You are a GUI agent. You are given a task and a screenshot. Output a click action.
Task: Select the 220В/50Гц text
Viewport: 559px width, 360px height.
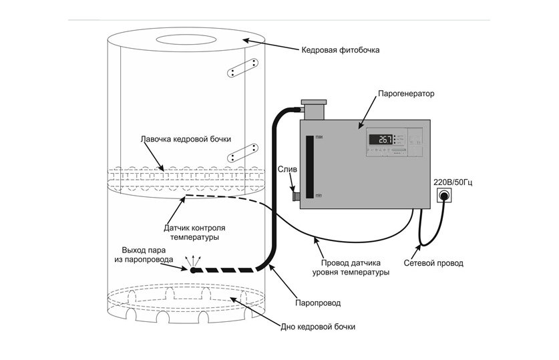[x=453, y=182]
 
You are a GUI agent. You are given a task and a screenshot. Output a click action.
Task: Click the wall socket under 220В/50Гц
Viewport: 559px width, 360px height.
[x=444, y=196]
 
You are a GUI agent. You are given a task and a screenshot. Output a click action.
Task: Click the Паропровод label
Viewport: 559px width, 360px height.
[x=318, y=303]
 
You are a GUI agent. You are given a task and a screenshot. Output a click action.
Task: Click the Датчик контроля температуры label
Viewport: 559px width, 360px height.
[x=194, y=231]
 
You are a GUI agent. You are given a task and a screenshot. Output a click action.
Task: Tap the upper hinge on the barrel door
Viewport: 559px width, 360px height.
[x=242, y=67]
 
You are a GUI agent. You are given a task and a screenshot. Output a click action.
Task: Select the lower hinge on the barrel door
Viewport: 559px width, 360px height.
[x=242, y=152]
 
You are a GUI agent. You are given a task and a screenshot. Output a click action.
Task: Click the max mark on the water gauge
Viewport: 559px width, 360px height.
[x=319, y=138]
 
